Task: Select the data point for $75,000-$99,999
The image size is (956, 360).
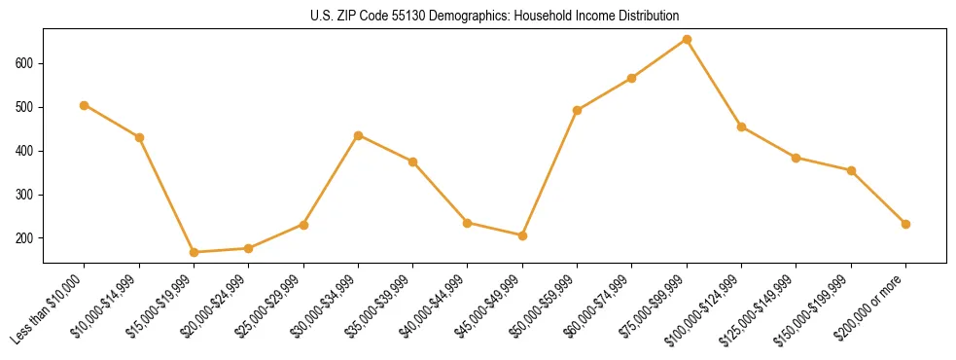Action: tap(687, 40)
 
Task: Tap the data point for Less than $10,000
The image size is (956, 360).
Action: tap(85, 105)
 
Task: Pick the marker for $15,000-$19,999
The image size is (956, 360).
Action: tap(195, 252)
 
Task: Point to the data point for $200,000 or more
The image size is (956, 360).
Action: tap(905, 224)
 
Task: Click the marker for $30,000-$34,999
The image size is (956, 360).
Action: tap(359, 135)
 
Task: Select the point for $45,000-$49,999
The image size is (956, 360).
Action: tap(522, 235)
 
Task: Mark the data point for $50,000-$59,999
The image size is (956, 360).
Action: tap(578, 110)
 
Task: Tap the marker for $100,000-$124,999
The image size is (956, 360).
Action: tap(742, 126)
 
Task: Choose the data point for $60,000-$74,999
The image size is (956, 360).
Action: tap(632, 78)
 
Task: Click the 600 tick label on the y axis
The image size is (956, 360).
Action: tap(25, 63)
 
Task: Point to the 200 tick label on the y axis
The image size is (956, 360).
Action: tap(25, 238)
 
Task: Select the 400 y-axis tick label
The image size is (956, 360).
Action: tap(25, 151)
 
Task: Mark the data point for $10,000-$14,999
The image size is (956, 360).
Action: tap(139, 137)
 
